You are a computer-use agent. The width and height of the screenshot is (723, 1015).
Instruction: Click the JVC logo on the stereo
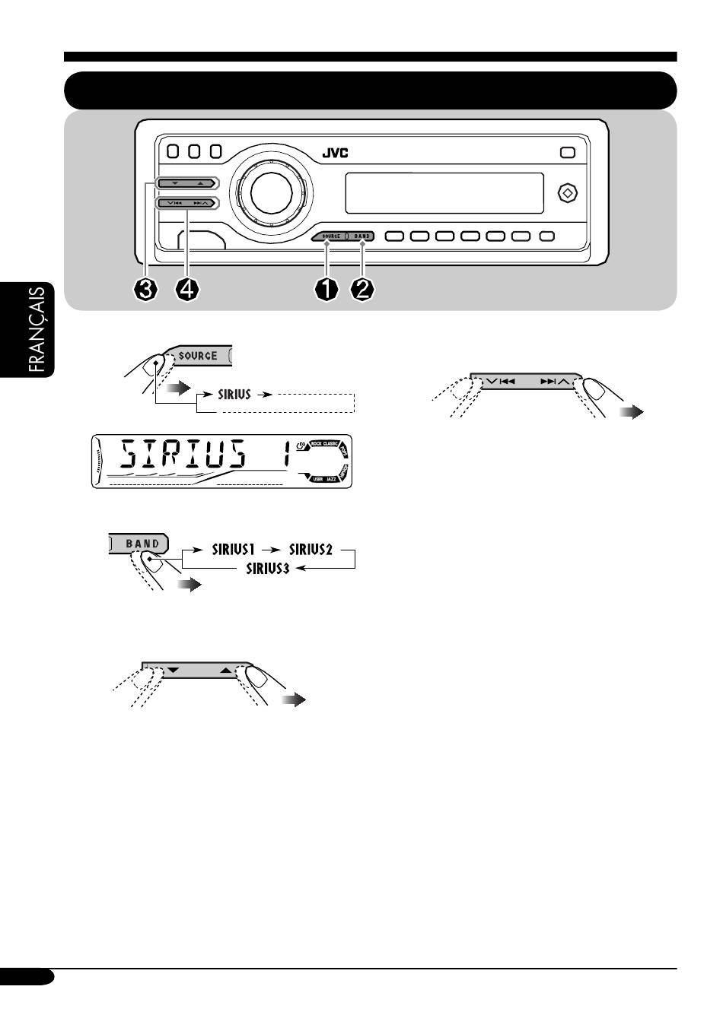(x=335, y=153)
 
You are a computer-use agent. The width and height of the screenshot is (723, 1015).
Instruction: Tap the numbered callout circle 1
(x=326, y=290)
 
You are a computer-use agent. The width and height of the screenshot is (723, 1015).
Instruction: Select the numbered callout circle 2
(x=362, y=290)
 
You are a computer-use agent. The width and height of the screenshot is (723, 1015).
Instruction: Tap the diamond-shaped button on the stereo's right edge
(x=567, y=192)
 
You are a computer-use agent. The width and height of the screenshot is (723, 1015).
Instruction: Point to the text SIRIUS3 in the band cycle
(x=267, y=568)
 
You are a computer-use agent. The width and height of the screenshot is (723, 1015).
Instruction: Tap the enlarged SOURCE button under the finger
(x=199, y=355)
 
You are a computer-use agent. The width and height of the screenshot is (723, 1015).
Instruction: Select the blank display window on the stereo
(x=444, y=193)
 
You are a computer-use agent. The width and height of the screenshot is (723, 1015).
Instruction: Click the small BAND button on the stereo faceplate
(x=361, y=236)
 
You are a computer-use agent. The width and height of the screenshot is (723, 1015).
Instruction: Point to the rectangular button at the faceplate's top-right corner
(x=568, y=152)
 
